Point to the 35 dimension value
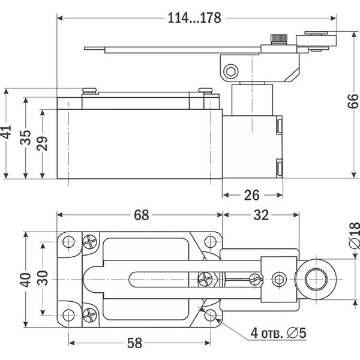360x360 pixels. (x=25, y=138)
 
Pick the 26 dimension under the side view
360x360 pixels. (x=253, y=194)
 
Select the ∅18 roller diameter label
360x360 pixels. (x=353, y=234)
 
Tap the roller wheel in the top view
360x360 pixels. (x=314, y=280)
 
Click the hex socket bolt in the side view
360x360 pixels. (x=230, y=73)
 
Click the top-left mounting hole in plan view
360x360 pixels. (x=69, y=242)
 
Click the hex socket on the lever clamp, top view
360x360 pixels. (x=278, y=280)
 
